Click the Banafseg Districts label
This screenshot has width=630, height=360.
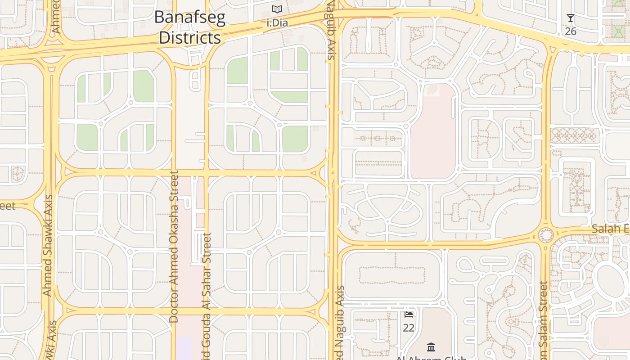pyautogui.click(x=189, y=27)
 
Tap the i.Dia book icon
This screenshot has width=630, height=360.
pyautogui.click(x=277, y=9)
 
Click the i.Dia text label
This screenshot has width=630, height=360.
pyautogui.click(x=277, y=22)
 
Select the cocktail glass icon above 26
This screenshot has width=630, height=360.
pyautogui.click(x=571, y=18)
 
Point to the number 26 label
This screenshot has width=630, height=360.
pyautogui.click(x=571, y=31)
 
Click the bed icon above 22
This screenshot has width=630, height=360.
pyautogui.click(x=409, y=314)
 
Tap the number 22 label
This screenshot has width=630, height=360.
pyautogui.click(x=409, y=328)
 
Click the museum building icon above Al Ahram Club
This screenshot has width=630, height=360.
pyautogui.click(x=431, y=347)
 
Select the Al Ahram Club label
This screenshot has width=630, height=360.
pyautogui.click(x=431, y=358)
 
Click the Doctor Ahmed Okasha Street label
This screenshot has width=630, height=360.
pyautogui.click(x=174, y=246)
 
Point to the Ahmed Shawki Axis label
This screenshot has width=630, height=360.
pyautogui.click(x=47, y=245)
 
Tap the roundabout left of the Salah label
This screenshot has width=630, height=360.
pyautogui.click(x=546, y=234)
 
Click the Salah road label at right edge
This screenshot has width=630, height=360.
pyautogui.click(x=610, y=229)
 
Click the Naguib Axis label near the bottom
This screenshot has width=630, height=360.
pyautogui.click(x=340, y=322)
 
